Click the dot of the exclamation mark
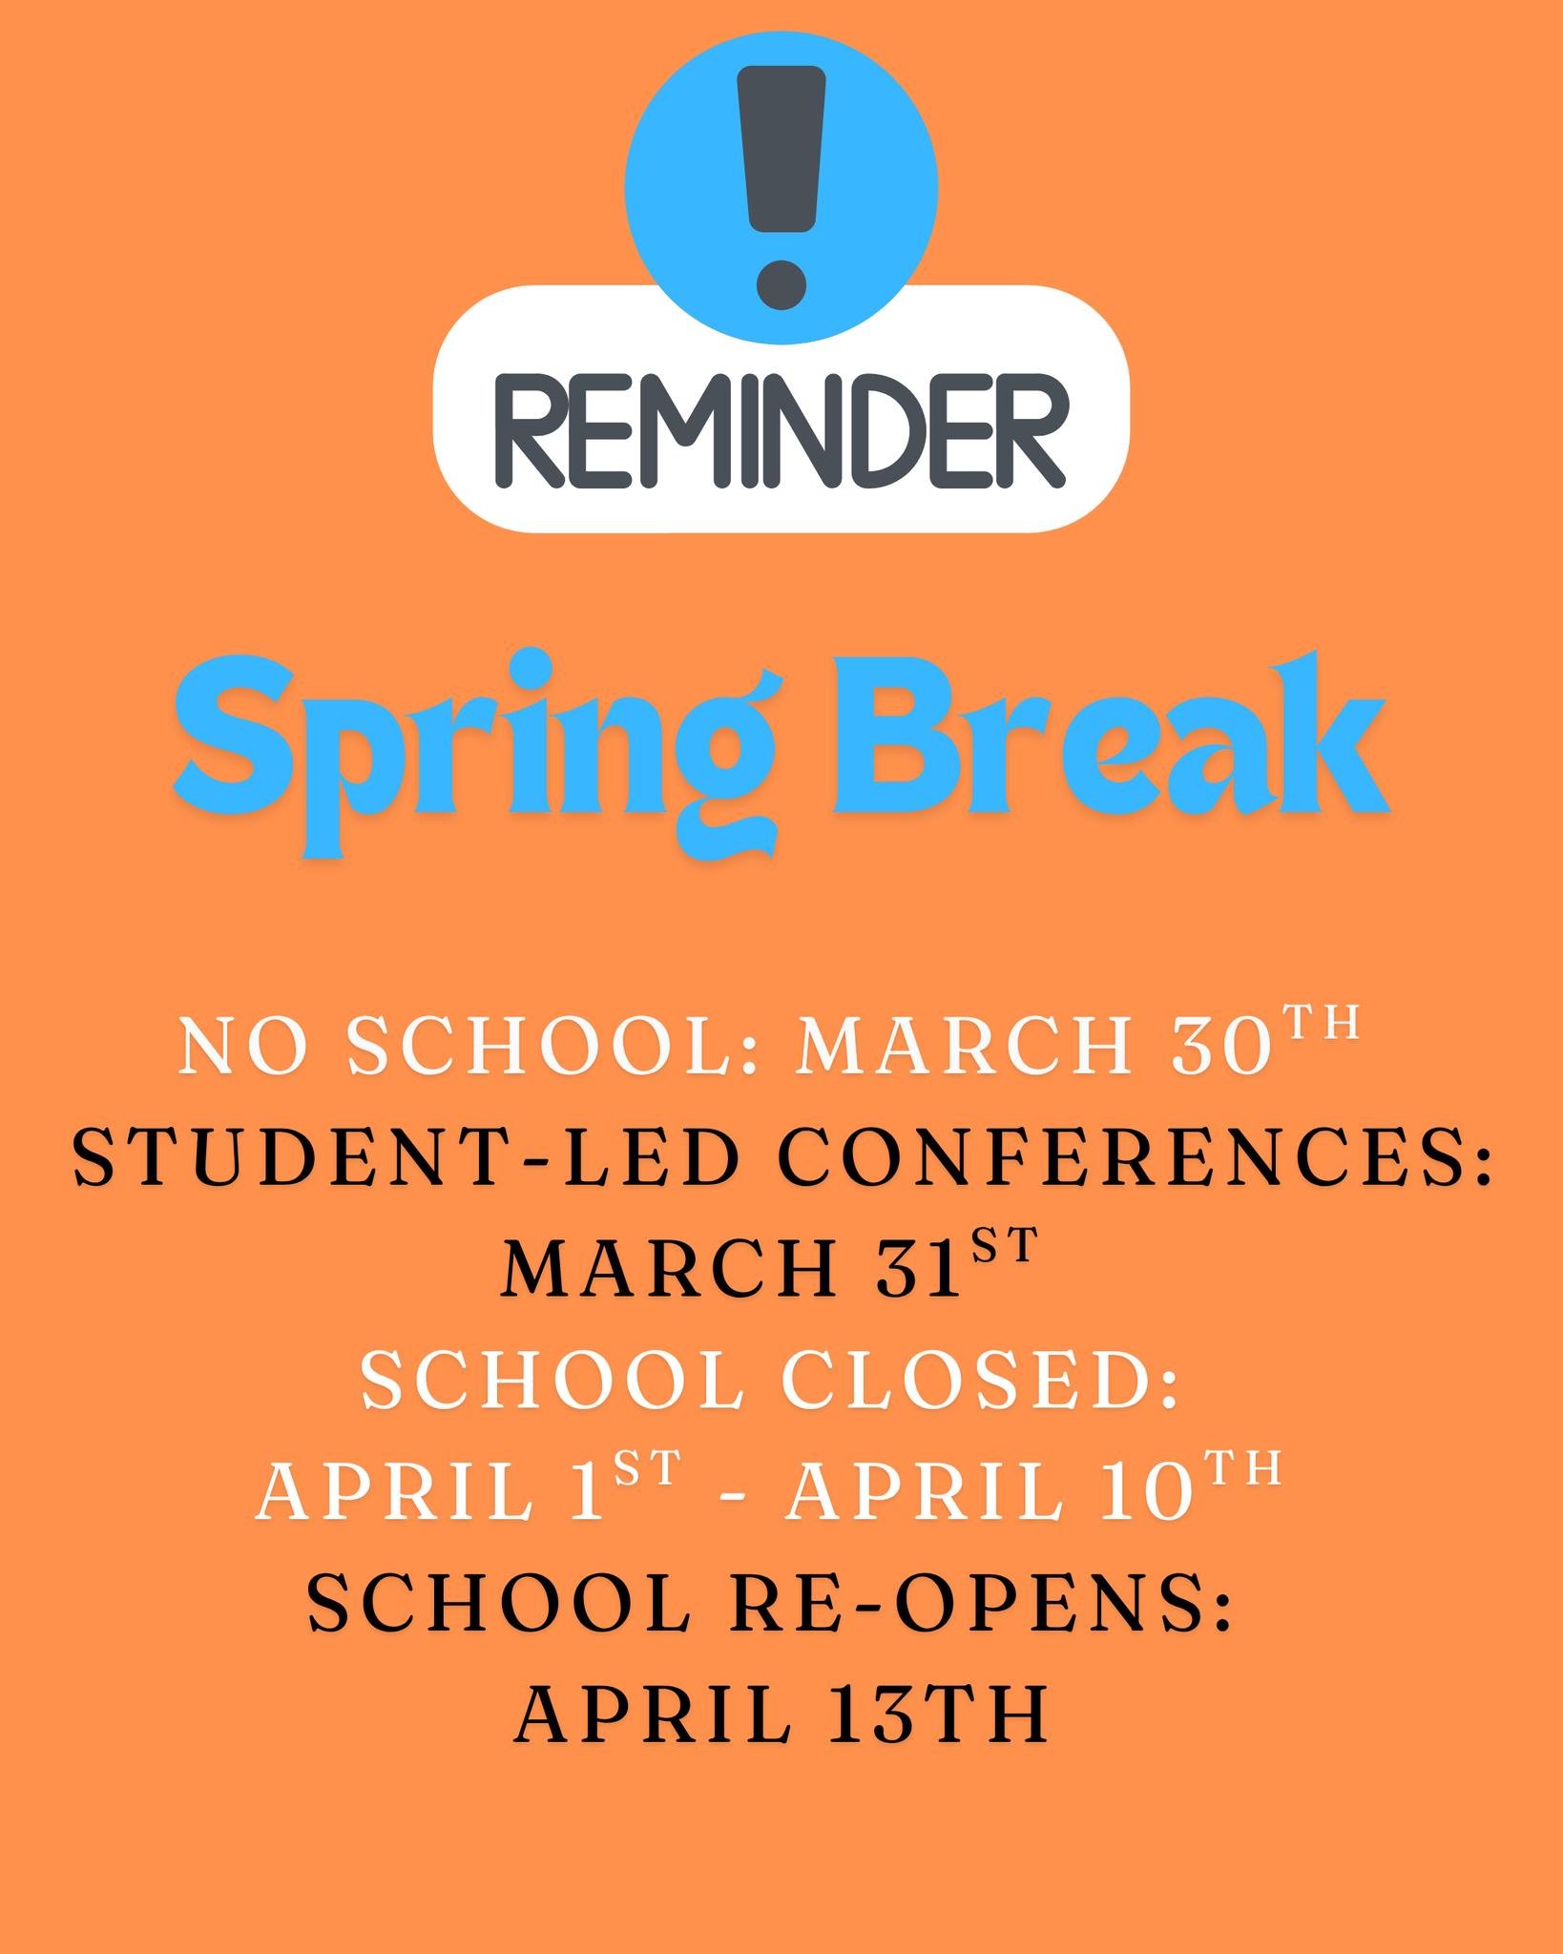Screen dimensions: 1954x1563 pos(781,284)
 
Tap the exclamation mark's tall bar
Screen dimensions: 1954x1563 pos(782,148)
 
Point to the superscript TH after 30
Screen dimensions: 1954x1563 pos(1320,1023)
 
